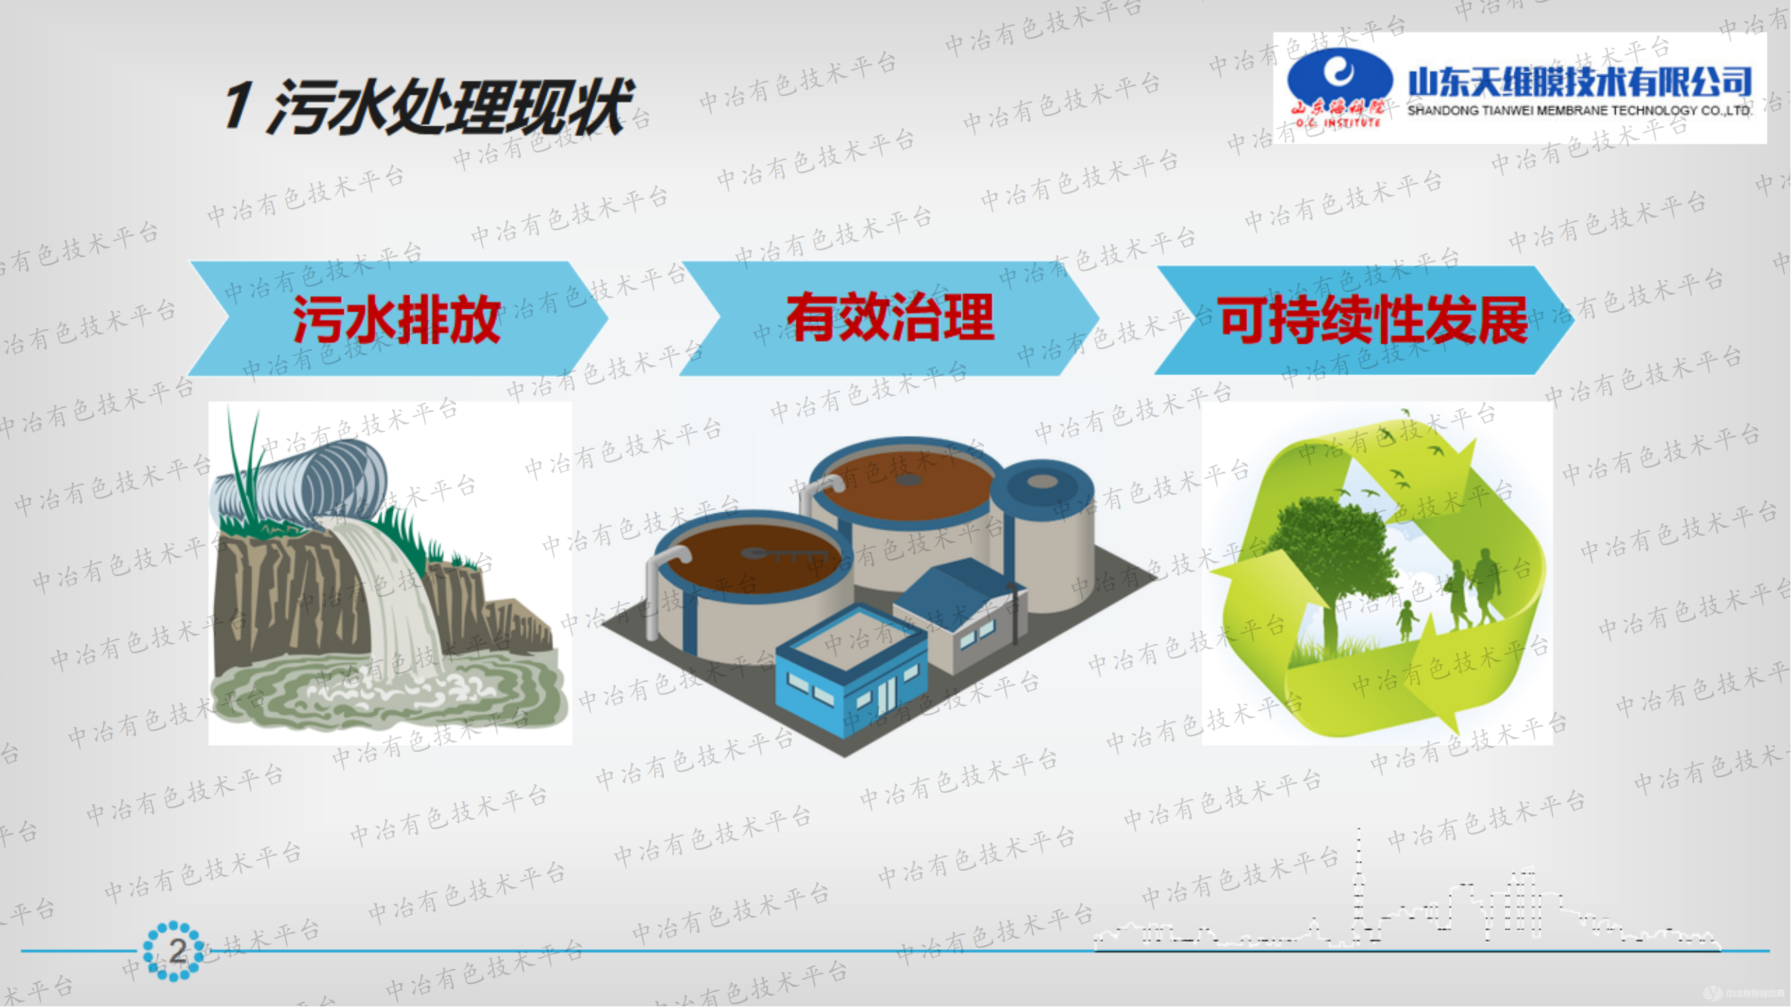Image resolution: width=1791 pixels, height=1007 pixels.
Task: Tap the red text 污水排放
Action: coord(397,320)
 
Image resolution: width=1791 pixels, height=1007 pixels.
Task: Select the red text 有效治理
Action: coord(890,318)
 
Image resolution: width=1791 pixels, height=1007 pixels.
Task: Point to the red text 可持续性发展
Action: coord(1373,320)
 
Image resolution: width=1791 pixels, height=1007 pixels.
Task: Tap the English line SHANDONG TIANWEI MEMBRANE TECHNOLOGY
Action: coord(1578,111)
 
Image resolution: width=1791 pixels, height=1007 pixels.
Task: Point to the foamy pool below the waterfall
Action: coord(389,691)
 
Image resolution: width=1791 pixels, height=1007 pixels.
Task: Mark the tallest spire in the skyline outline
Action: coord(1359,875)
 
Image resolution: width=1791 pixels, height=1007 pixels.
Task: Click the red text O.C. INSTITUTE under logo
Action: coord(1338,123)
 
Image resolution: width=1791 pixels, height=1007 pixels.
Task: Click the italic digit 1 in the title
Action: coord(238,104)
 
